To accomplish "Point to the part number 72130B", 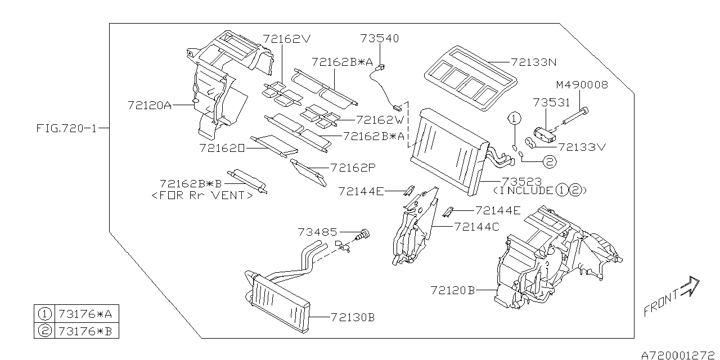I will pyautogui.click(x=352, y=317).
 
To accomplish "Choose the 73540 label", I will pyautogui.click(x=380, y=38).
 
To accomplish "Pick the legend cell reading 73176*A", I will pyautogui.click(x=86, y=314).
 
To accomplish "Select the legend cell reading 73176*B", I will pyautogui.click(x=86, y=331).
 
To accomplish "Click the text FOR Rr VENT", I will pyautogui.click(x=202, y=195).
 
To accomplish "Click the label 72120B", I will pyautogui.click(x=453, y=290).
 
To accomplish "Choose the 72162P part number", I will pyautogui.click(x=353, y=167).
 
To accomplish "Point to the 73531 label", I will pyautogui.click(x=551, y=102).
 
